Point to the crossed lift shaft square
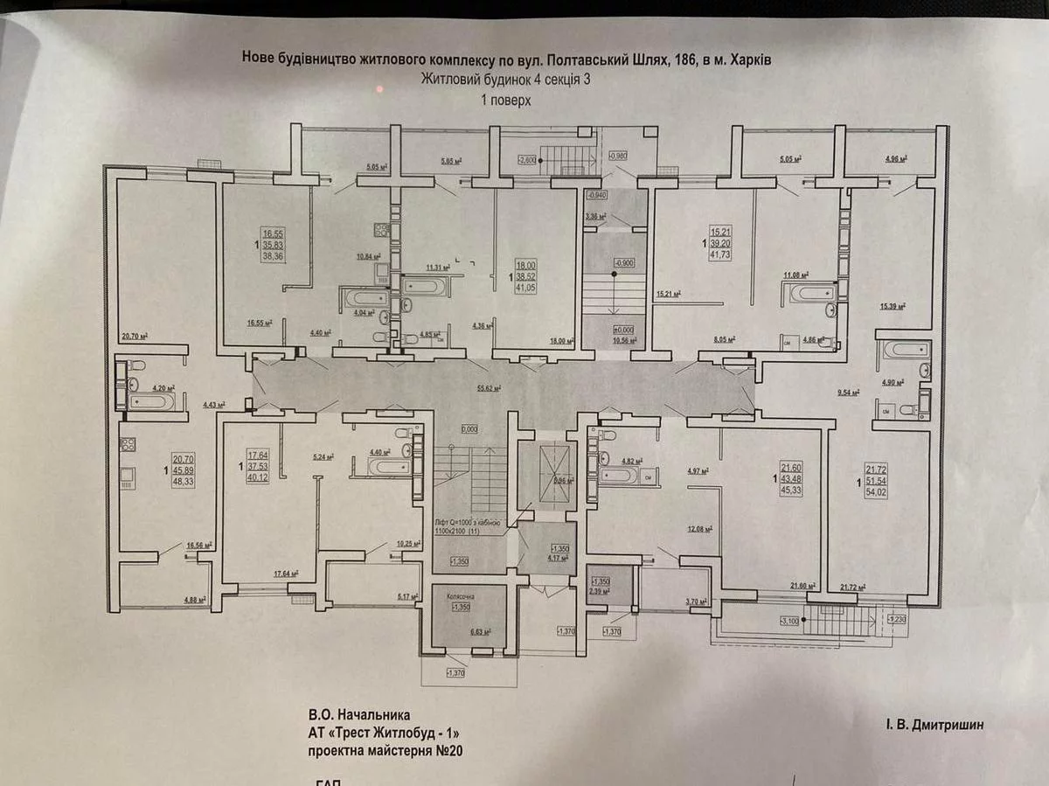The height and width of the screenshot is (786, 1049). coord(542,476)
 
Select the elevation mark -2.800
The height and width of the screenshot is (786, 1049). coord(527,160)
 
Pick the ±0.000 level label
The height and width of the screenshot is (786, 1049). coord(623,330)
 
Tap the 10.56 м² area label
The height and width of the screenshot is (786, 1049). coord(624,342)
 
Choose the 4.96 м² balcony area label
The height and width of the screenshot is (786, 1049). coord(894,160)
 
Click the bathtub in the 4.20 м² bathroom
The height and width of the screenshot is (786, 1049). coord(152,402)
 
